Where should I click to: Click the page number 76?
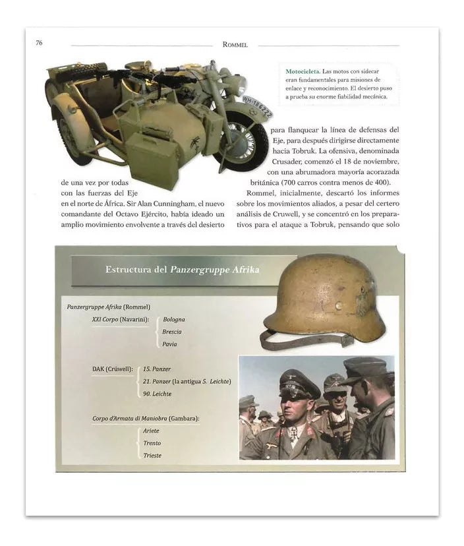pyautogui.click(x=40, y=44)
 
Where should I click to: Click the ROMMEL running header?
pyautogui.click(x=235, y=45)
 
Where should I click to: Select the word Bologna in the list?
pyautogui.click(x=174, y=319)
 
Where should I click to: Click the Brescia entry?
pyautogui.click(x=173, y=332)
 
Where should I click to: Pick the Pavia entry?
pyautogui.click(x=170, y=344)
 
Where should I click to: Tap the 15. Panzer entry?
pyautogui.click(x=157, y=369)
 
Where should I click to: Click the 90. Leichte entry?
pyautogui.click(x=158, y=394)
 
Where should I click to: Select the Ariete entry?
pyautogui.click(x=151, y=431)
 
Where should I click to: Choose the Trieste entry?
pyautogui.click(x=152, y=456)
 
